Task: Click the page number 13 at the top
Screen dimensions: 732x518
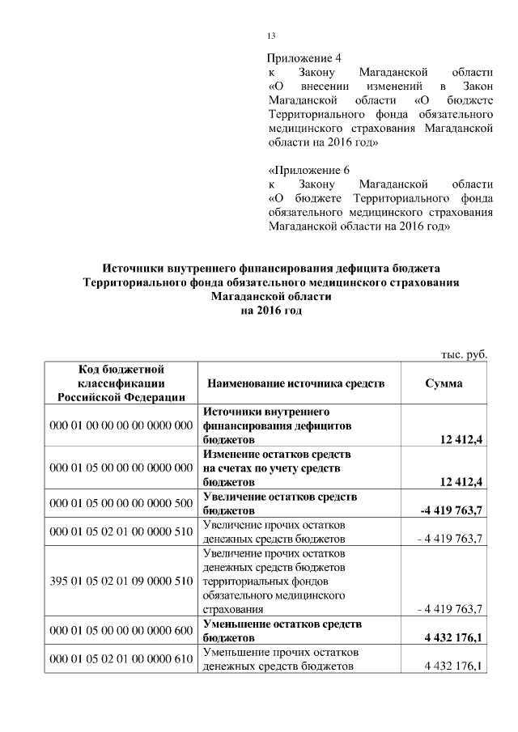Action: [271, 36]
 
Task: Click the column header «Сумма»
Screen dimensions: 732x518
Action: [444, 383]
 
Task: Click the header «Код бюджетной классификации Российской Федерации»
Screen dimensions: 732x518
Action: [121, 383]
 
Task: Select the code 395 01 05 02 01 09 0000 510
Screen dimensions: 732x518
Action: [121, 581]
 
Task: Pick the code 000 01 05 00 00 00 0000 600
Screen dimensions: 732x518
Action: [121, 631]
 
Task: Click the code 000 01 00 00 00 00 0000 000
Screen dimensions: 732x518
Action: [121, 425]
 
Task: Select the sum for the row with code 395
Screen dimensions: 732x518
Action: [449, 609]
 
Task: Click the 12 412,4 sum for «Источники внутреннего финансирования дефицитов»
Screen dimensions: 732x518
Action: [459, 439]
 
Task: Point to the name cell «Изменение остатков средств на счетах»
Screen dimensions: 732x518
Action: [276, 468]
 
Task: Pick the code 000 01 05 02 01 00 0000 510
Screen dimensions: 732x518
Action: [121, 531]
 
